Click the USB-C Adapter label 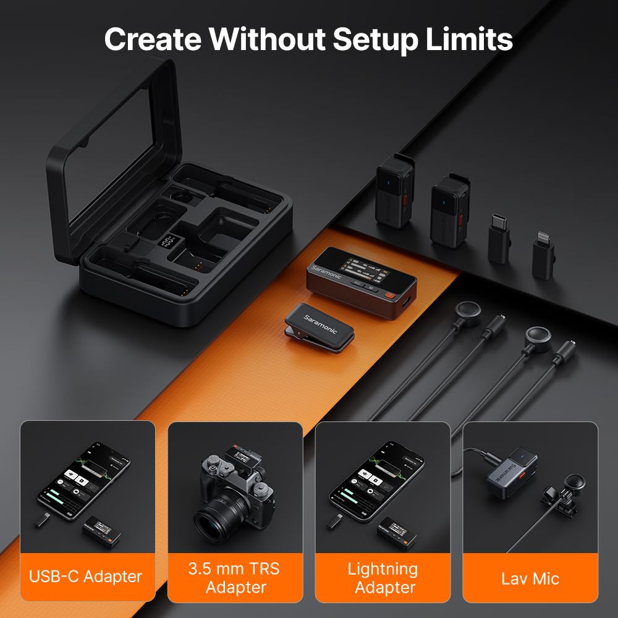click(85, 577)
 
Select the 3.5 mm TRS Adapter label click(235, 578)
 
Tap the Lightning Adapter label click(383, 578)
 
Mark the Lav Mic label click(530, 578)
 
